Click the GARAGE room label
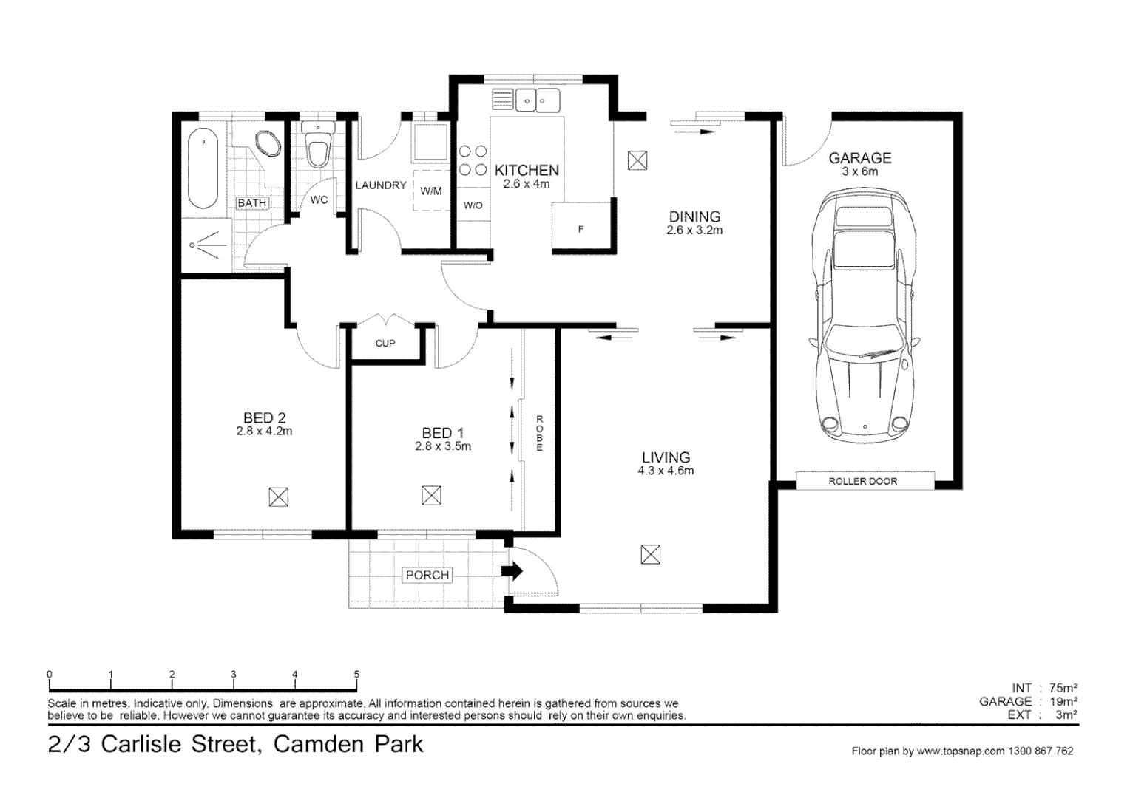point(859,158)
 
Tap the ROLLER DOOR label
point(862,481)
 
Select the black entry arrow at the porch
point(512,571)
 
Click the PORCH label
point(427,575)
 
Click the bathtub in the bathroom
point(202,169)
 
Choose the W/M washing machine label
point(430,191)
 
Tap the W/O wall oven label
point(473,205)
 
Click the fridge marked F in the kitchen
point(581,228)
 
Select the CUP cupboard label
point(385,344)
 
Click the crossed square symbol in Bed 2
point(278,497)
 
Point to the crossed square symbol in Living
point(650,554)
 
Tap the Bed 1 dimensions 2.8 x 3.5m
point(443,446)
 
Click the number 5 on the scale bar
point(356,674)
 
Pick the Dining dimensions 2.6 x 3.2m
point(694,231)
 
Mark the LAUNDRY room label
point(381,185)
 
